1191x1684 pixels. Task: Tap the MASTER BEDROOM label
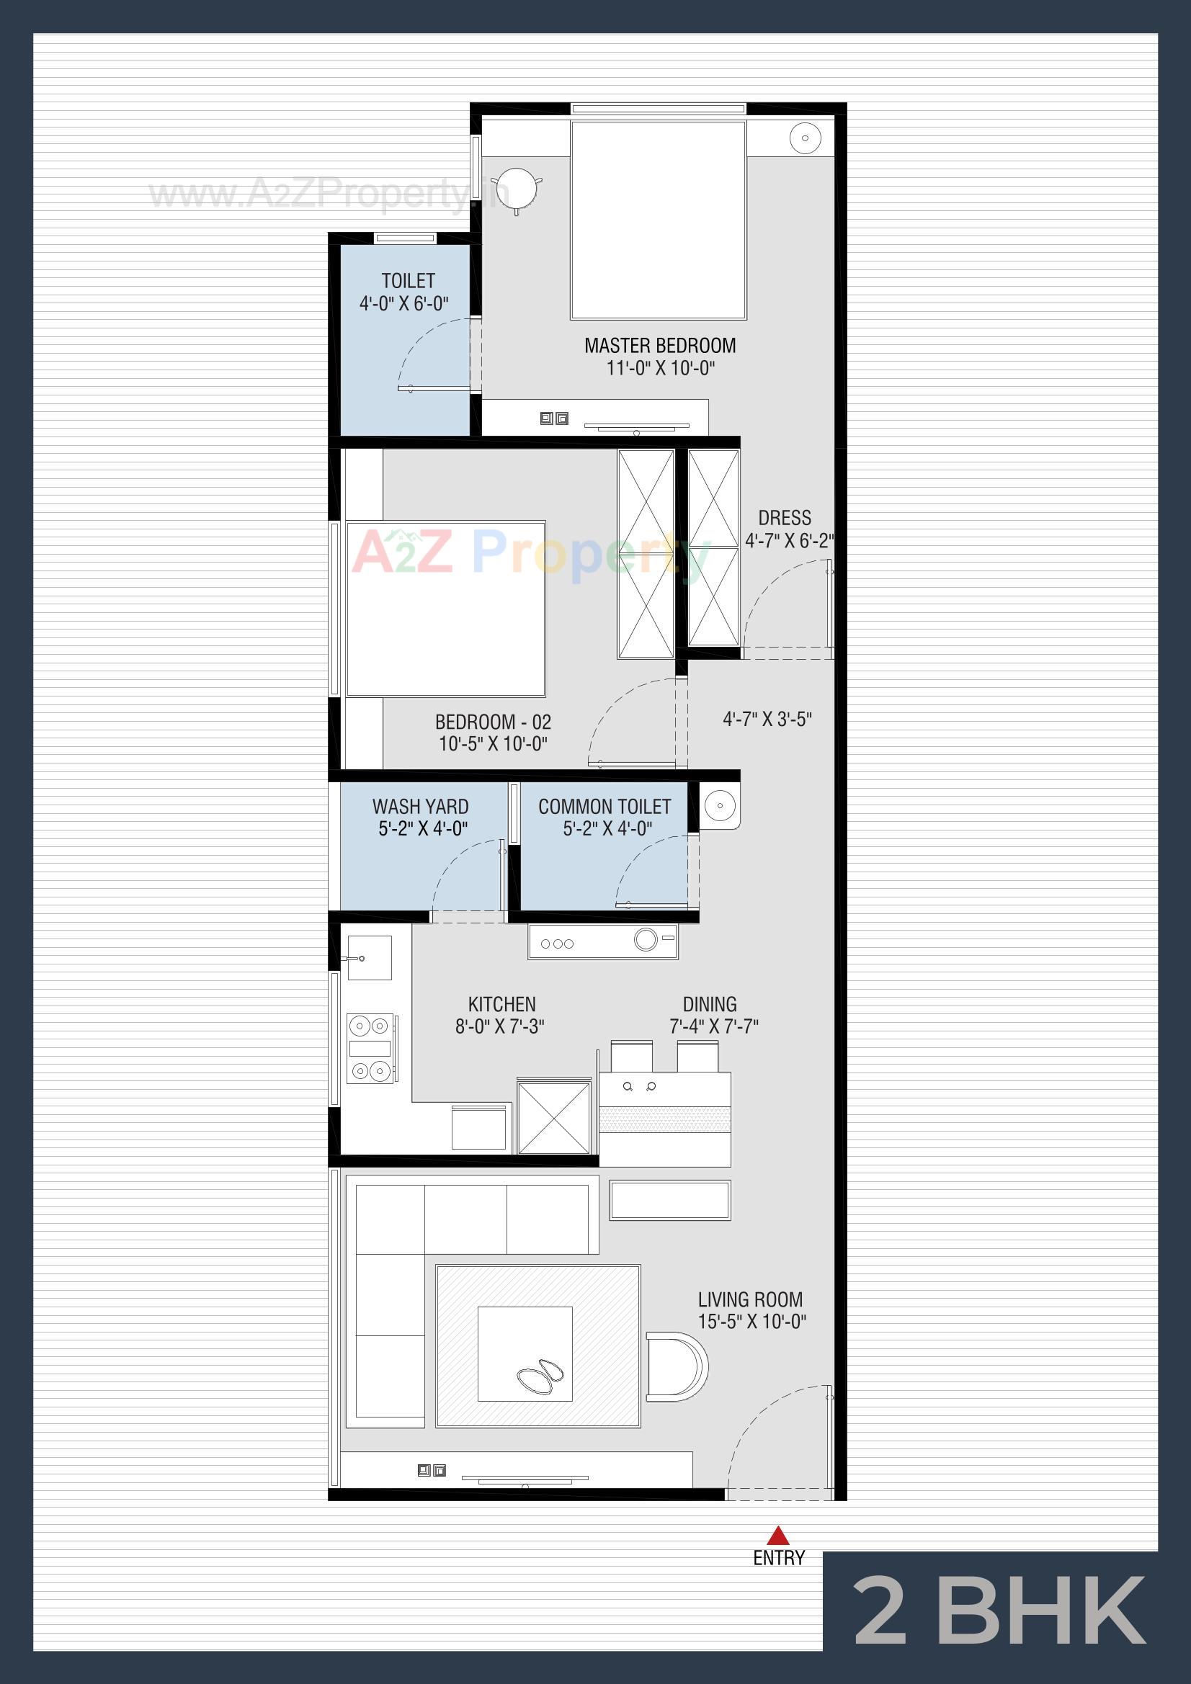(660, 346)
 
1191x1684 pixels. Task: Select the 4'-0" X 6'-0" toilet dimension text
(403, 304)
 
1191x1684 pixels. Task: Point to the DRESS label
(785, 518)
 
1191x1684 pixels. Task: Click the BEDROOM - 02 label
(493, 722)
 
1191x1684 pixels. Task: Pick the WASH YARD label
(421, 807)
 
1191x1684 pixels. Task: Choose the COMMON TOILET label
(604, 807)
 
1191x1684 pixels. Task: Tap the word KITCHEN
(502, 1004)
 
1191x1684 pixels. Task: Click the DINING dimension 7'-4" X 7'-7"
(713, 1026)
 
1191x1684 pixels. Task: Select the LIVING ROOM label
(750, 1299)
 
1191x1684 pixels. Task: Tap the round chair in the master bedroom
(517, 188)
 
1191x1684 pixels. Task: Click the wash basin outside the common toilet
(720, 805)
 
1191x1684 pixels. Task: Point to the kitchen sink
(369, 958)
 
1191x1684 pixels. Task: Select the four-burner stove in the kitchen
(370, 1048)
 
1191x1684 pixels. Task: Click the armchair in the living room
(675, 1367)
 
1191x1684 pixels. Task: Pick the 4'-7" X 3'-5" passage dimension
(767, 719)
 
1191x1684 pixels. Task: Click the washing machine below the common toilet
(602, 941)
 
